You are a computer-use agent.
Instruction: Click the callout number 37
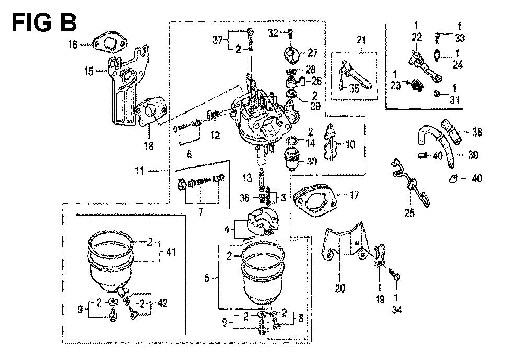coord(218,41)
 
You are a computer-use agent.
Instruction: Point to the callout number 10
coord(350,143)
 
